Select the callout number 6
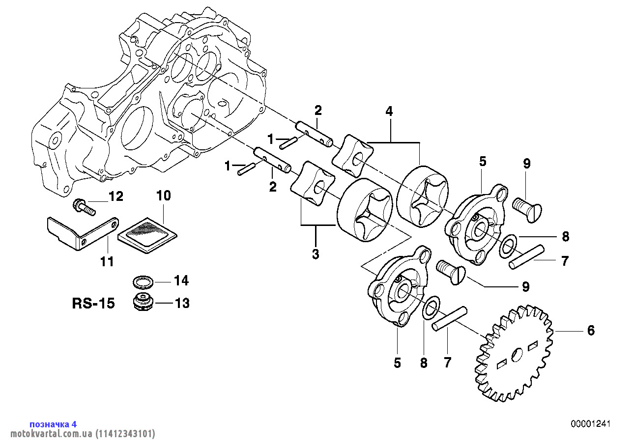(591, 331)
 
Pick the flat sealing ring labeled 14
(143, 282)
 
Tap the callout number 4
(389, 112)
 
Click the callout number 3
(316, 254)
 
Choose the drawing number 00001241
(590, 424)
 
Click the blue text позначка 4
(53, 424)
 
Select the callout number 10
(163, 196)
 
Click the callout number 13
(182, 304)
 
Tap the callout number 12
(115, 197)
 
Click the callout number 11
(107, 262)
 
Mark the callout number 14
(181, 281)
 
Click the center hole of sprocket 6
(516, 354)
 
